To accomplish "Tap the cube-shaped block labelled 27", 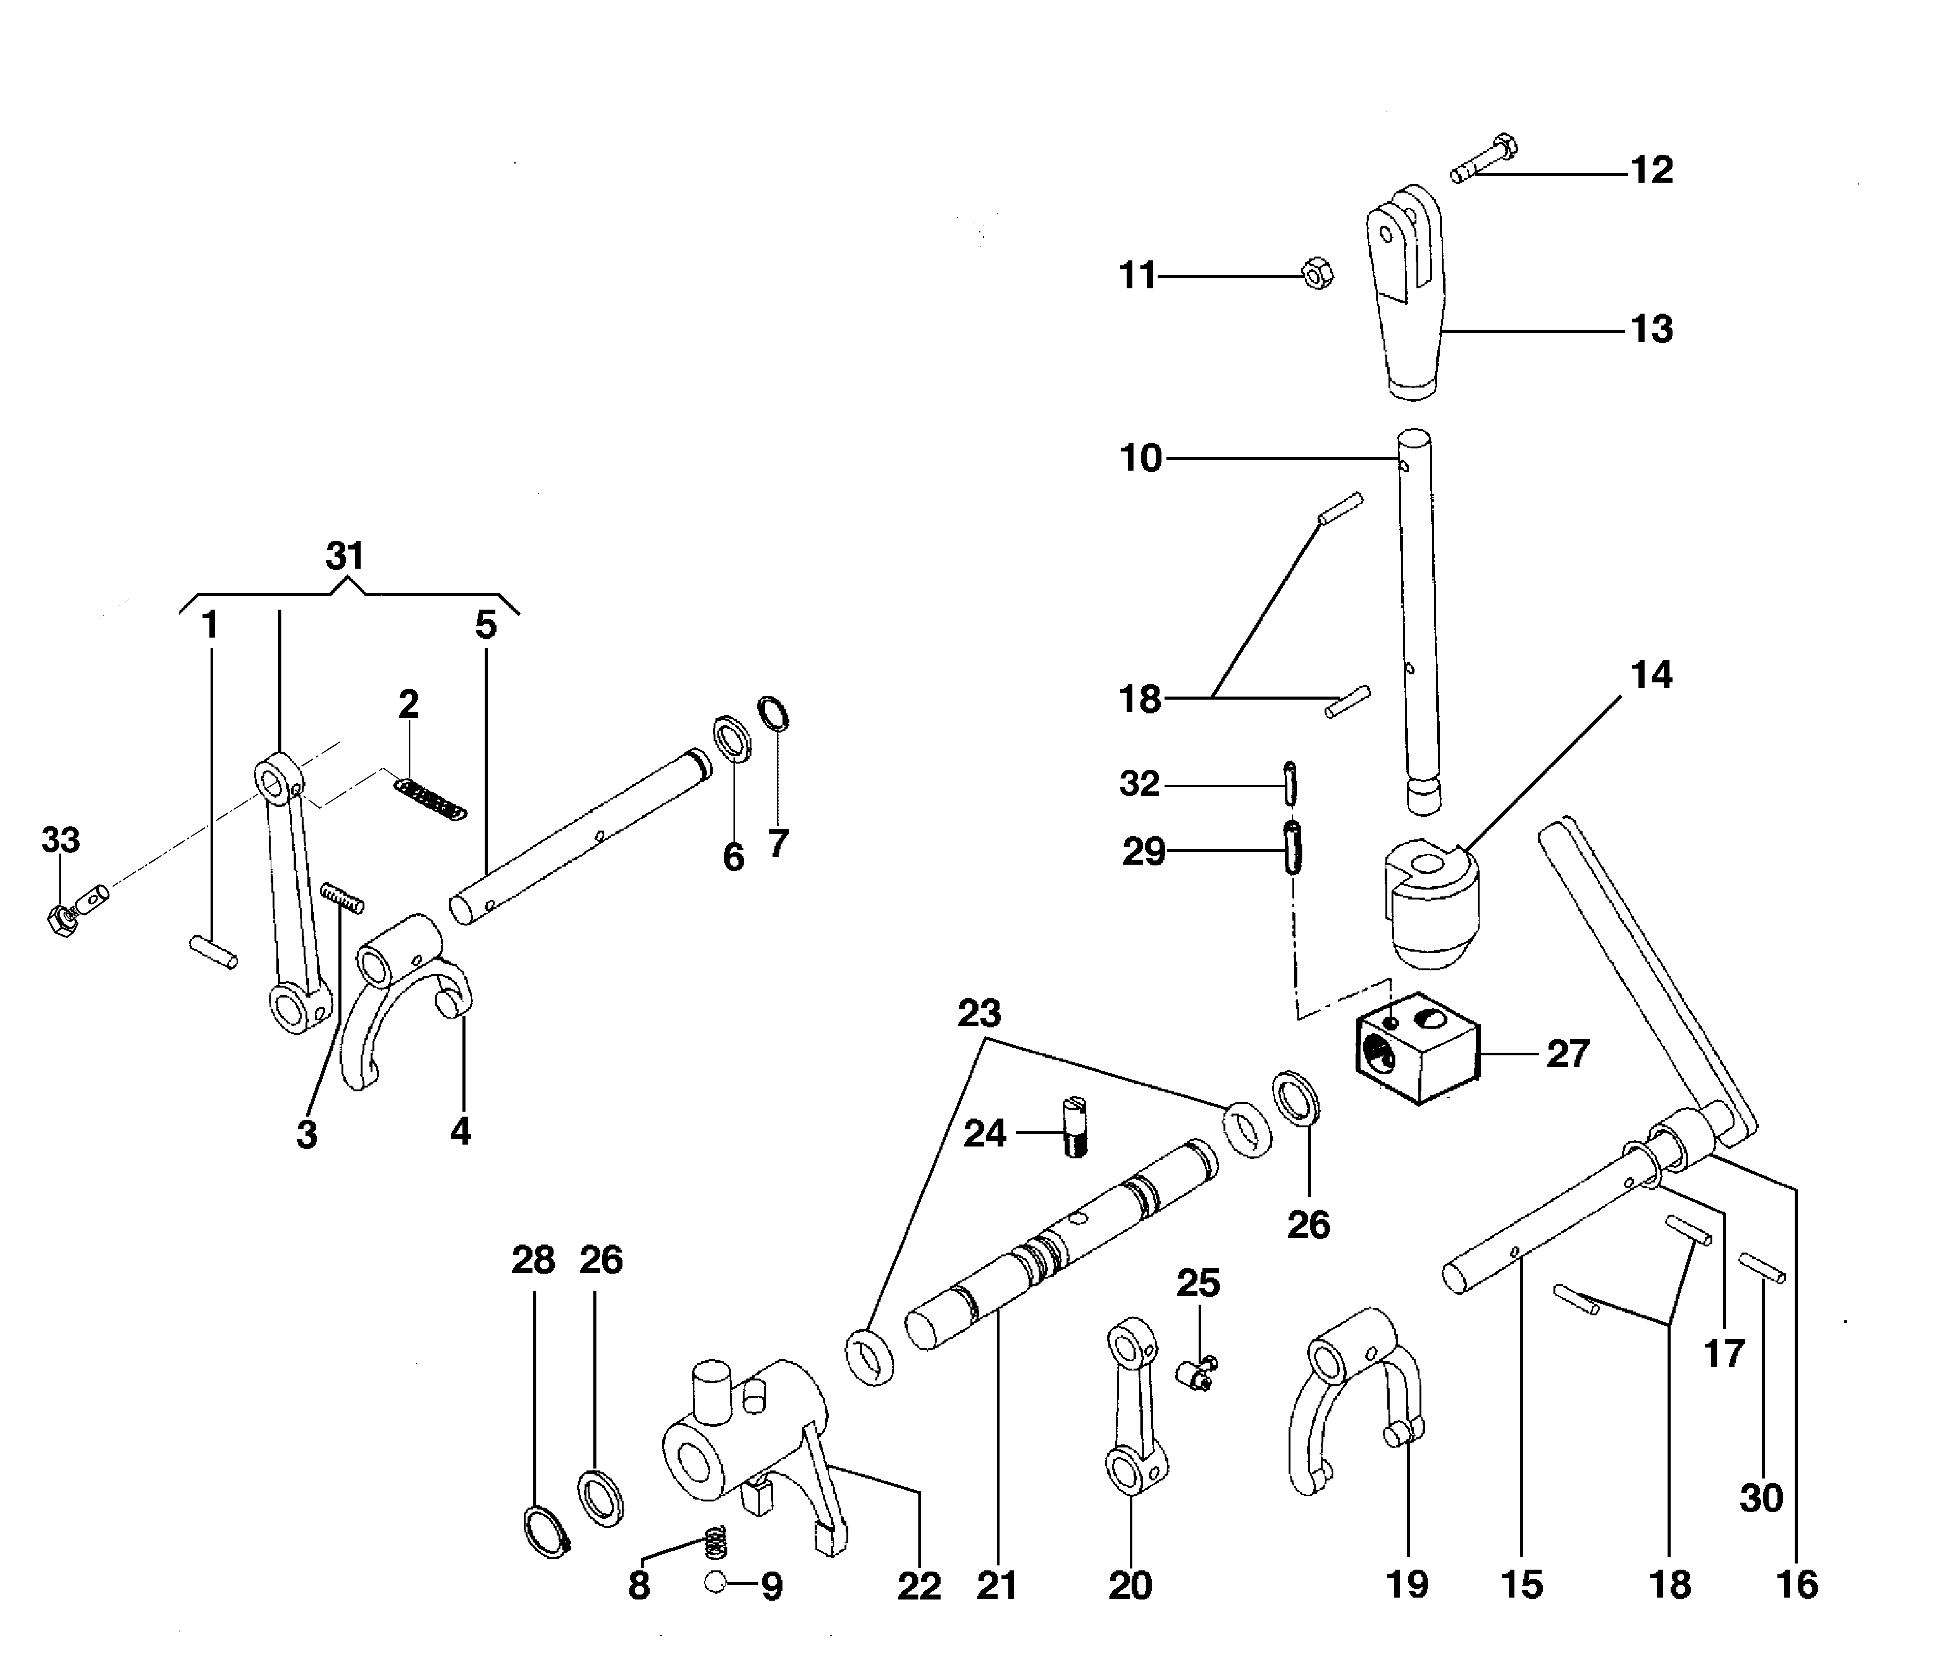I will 1416,1049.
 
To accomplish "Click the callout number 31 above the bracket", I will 345,556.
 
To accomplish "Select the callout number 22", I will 918,1586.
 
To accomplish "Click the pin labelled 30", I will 1762,1267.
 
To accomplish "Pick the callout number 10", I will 1140,459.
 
